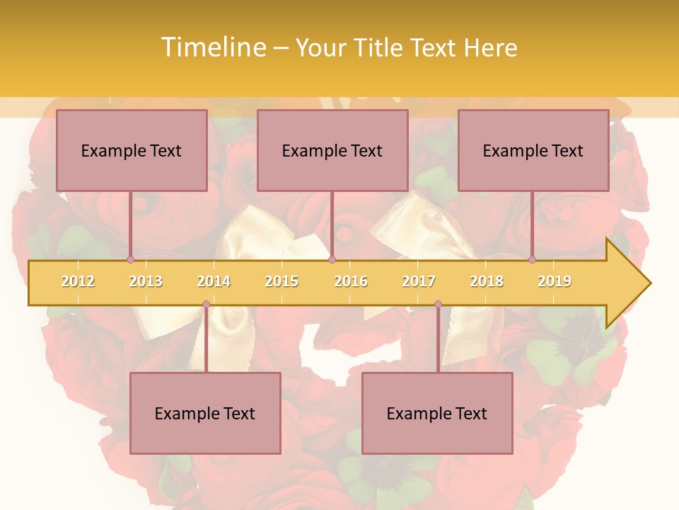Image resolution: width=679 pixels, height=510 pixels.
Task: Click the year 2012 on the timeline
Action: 78,281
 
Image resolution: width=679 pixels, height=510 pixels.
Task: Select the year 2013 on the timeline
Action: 146,281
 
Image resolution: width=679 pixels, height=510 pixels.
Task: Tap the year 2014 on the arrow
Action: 214,281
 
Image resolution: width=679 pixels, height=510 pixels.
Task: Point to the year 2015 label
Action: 282,281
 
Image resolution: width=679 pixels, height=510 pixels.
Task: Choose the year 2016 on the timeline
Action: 351,281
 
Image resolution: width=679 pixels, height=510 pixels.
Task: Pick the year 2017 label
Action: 419,281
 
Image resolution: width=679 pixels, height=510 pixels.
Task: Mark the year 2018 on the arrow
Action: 487,281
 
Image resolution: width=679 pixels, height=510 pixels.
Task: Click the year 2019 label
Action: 555,281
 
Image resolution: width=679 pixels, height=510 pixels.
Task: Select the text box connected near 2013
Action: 132,150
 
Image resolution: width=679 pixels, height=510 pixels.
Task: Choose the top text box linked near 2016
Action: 332,150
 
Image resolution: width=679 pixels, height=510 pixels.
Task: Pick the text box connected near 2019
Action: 533,150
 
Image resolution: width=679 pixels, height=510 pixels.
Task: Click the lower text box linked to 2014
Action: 205,413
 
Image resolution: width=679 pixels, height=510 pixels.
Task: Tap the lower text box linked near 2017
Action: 437,413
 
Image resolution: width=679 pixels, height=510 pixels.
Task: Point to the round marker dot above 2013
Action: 130,259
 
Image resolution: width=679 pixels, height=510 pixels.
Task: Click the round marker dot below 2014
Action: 206,305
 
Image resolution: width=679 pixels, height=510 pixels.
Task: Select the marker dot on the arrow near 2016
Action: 332,259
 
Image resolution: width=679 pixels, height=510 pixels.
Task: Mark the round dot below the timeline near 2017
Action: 438,305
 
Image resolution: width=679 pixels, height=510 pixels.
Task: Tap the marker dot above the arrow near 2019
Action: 532,259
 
